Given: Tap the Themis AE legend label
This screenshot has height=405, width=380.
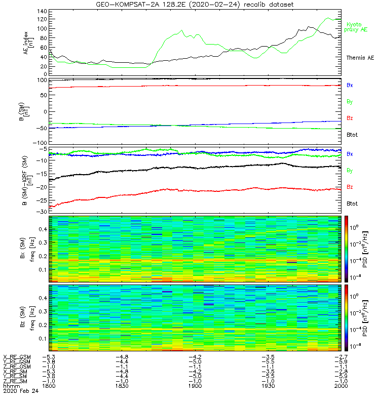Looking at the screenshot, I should pos(360,58).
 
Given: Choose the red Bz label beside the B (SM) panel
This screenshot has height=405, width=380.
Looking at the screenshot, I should pos(350,118).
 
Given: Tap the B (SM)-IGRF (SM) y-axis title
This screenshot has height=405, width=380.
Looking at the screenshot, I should pos(22,180).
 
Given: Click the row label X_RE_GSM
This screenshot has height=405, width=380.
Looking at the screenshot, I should pos(17,357).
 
